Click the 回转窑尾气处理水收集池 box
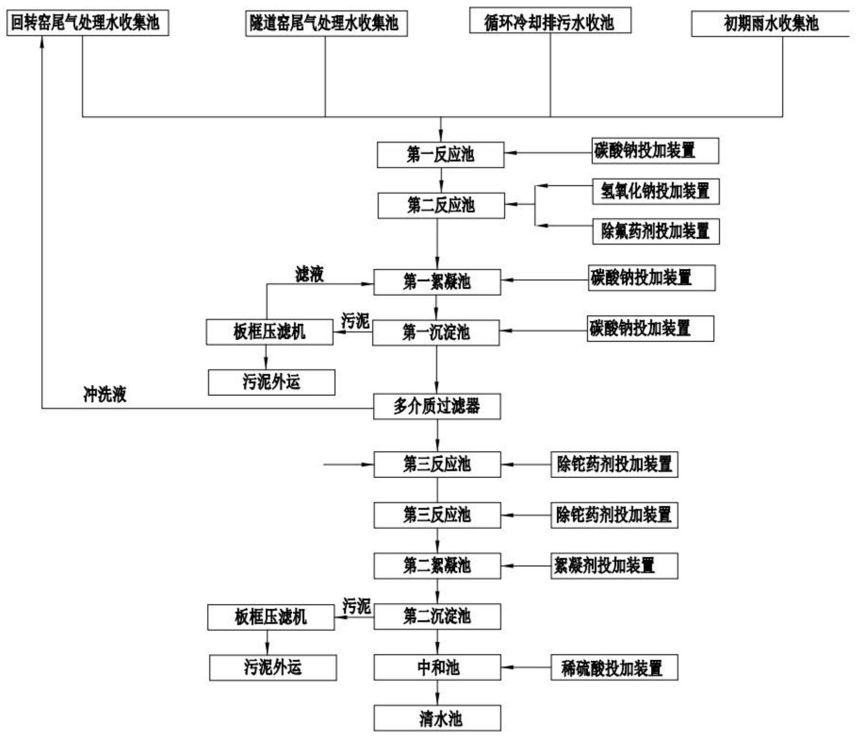point(88,23)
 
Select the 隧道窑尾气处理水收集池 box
point(326,24)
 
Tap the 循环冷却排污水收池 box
point(550,21)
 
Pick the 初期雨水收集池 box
point(771,24)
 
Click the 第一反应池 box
point(440,155)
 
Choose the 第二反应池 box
point(441,205)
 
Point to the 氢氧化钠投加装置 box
point(655,191)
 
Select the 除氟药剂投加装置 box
point(655,231)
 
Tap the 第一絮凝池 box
point(437,282)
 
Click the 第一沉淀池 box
point(435,332)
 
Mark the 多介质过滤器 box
point(437,407)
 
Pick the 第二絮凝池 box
point(437,566)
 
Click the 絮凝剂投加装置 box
point(614,566)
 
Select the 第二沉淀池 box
point(437,616)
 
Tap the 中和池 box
point(437,667)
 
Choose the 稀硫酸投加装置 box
point(614,668)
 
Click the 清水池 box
point(437,718)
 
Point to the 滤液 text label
point(309,274)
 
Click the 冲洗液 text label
point(105,395)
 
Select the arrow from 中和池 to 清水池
point(437,693)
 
